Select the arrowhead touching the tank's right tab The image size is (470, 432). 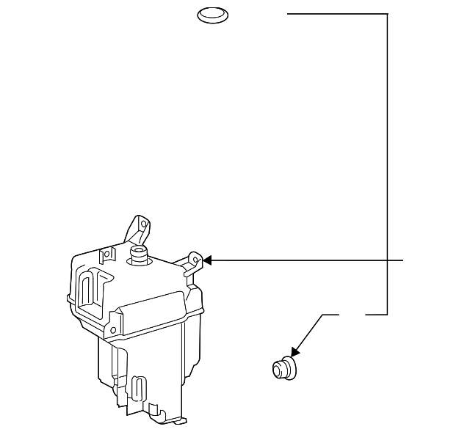point(206,260)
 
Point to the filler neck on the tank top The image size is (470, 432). point(138,254)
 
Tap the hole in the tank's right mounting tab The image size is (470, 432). point(195,258)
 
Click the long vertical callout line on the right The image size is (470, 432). point(387,161)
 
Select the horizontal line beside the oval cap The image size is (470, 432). point(336,14)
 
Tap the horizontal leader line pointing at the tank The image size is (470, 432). point(308,260)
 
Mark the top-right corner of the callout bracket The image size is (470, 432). point(387,14)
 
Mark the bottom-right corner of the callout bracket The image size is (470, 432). point(387,315)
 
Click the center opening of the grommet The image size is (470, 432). point(279,368)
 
